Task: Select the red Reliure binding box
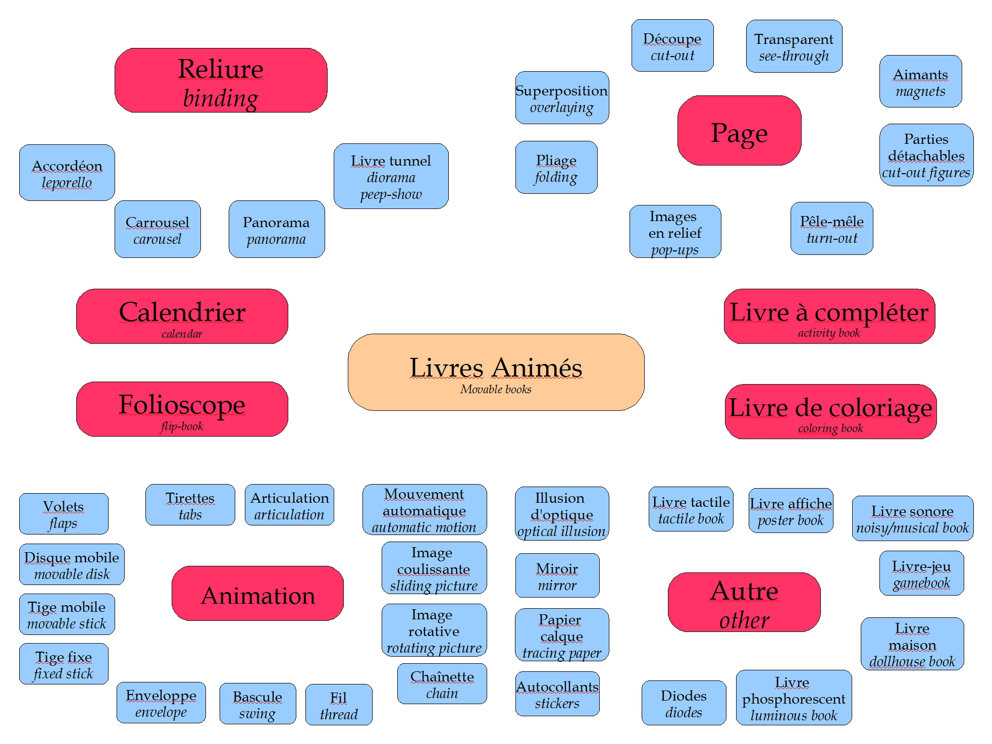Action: click(x=221, y=80)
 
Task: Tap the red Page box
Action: click(x=739, y=131)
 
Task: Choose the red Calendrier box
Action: click(x=182, y=315)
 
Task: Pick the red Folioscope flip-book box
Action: click(x=182, y=408)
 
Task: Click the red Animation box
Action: click(x=257, y=594)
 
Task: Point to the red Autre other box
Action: click(x=744, y=602)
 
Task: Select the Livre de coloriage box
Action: click(x=830, y=411)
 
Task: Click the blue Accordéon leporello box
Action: click(x=67, y=173)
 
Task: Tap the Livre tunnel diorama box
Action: click(x=391, y=176)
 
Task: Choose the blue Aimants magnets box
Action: click(x=920, y=81)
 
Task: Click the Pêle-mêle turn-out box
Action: click(x=831, y=229)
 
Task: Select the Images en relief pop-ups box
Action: click(x=675, y=232)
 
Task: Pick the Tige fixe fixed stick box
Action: click(x=64, y=664)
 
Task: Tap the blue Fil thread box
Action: click(x=339, y=705)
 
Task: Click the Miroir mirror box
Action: click(x=557, y=575)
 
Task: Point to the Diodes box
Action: click(x=684, y=703)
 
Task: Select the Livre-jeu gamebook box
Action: click(x=921, y=573)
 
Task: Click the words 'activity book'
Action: click(x=829, y=333)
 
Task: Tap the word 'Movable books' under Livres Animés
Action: click(x=496, y=389)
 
